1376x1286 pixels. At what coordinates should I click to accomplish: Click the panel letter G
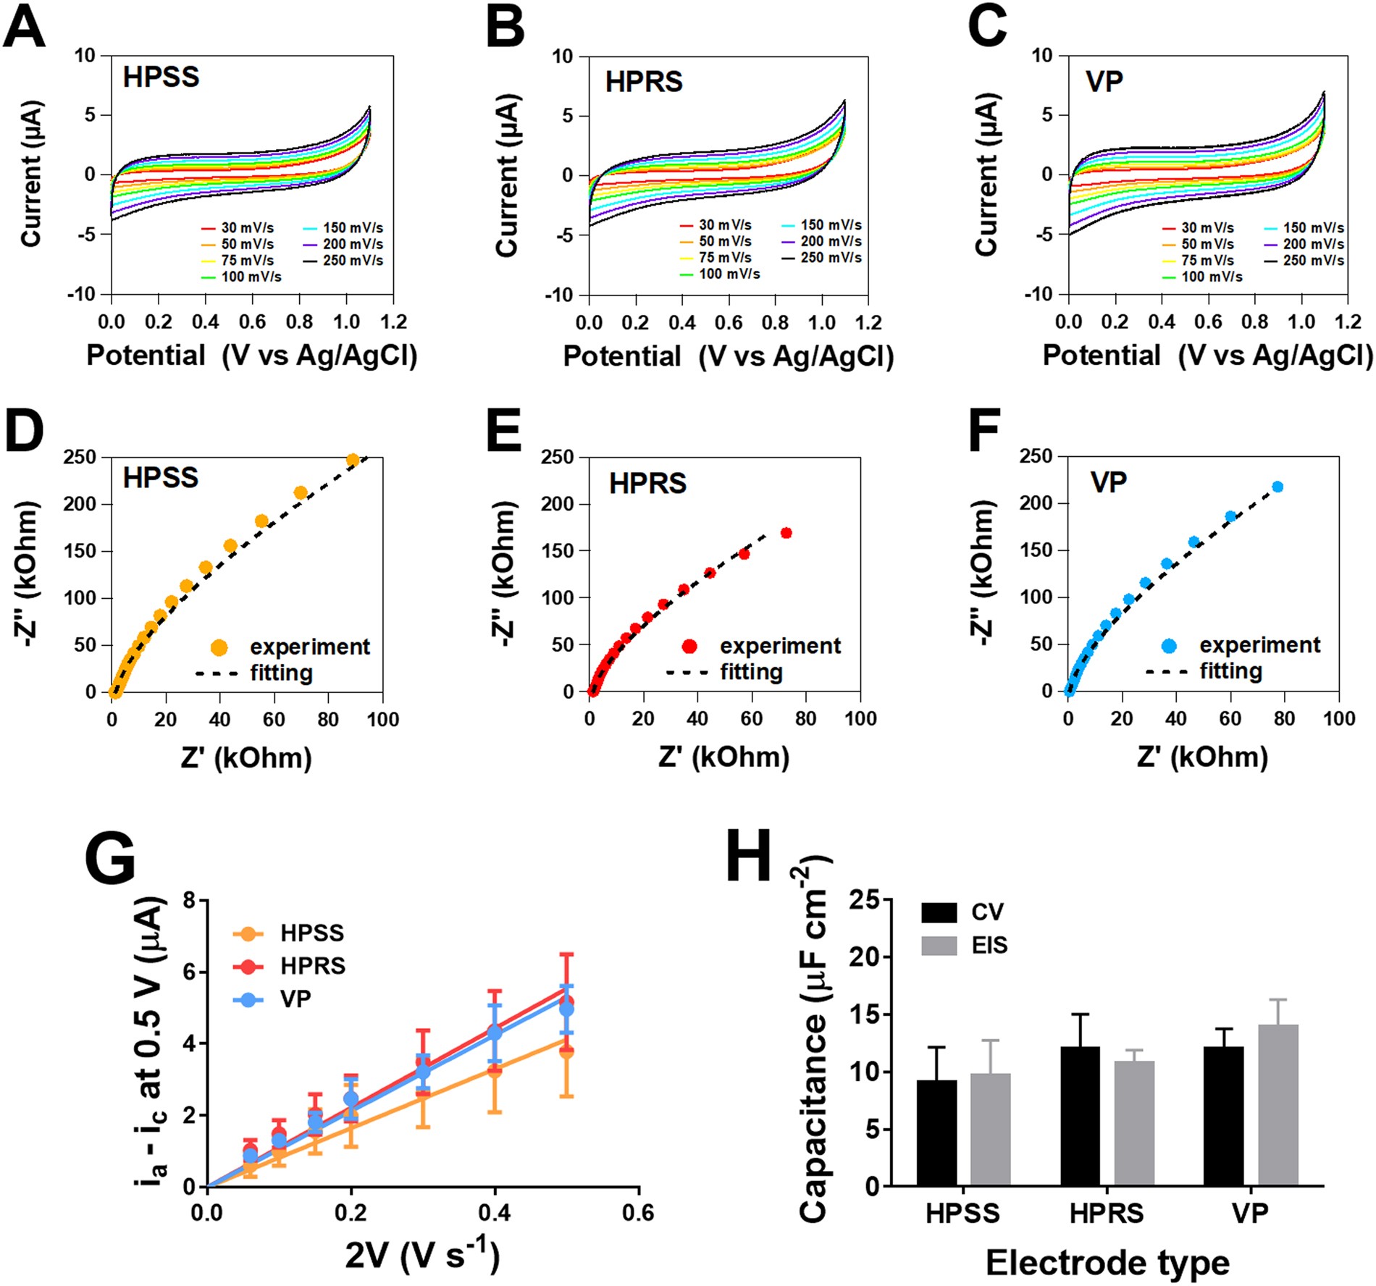click(109, 859)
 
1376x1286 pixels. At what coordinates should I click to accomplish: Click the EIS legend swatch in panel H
click(939, 945)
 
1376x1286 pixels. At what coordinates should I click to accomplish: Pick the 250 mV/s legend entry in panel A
click(343, 260)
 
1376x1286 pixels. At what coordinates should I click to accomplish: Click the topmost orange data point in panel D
click(353, 460)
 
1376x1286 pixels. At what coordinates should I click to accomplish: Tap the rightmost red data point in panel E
click(786, 534)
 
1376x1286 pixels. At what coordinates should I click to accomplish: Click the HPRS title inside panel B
click(644, 82)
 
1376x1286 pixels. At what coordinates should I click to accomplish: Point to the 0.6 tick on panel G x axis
click(637, 1213)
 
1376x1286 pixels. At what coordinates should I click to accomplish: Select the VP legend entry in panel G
click(275, 999)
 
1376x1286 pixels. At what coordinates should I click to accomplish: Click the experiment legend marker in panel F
click(1168, 646)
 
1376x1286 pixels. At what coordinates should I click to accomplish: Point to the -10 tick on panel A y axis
click(82, 294)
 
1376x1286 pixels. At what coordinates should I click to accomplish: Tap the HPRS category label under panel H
click(1106, 1213)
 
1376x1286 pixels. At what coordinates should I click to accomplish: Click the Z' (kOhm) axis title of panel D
click(246, 758)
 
